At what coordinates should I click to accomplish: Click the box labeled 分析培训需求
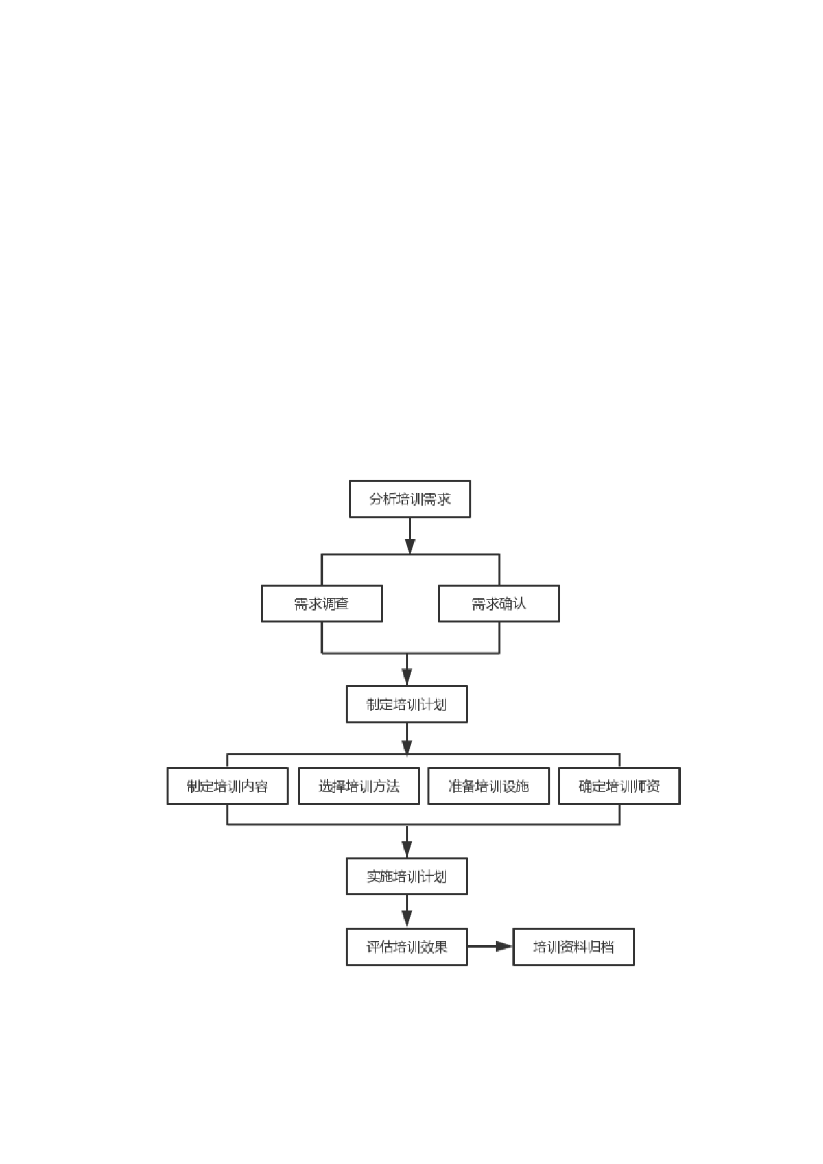coord(410,499)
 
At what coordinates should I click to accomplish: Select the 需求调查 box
coord(322,603)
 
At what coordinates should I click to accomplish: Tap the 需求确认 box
coord(499,603)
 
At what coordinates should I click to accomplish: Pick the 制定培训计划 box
coord(407,704)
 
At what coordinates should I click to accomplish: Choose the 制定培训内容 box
coord(228,786)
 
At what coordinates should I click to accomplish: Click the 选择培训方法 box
coord(359,786)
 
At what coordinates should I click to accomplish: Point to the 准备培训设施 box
coord(488,786)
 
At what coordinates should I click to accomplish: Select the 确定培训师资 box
coord(619,786)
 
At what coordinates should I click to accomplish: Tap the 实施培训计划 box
coord(407,876)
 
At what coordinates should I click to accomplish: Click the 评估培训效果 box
coord(407,947)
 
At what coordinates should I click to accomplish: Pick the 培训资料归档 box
coord(574,947)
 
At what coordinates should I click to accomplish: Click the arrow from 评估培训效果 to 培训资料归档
coord(490,947)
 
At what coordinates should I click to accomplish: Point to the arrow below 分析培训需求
coord(410,536)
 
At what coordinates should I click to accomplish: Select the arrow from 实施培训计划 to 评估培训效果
coord(407,911)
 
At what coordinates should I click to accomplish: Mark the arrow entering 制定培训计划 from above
coord(407,670)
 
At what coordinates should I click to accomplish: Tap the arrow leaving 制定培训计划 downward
coord(407,739)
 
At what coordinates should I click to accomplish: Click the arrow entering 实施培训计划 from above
coord(407,841)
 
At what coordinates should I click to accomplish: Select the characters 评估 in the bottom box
coord(380,947)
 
